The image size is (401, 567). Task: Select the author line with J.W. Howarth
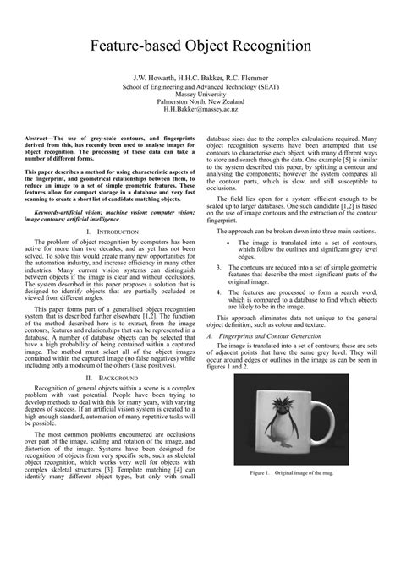pos(200,78)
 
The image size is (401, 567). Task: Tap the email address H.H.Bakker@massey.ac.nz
pos(200,111)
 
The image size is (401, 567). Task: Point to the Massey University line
pos(200,94)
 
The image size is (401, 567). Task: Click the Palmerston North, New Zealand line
pos(200,102)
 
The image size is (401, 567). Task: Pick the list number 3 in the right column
pos(218,265)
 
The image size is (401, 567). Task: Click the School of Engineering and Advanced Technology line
pos(200,86)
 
